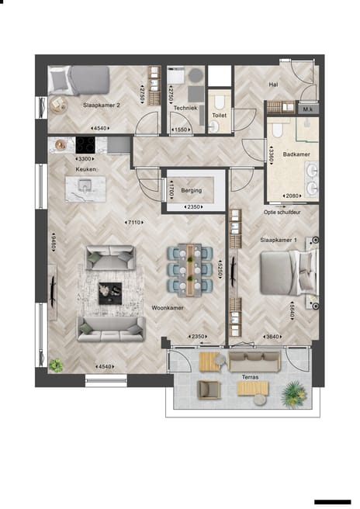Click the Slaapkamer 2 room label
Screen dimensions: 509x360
click(101, 104)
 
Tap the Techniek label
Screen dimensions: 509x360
click(185, 109)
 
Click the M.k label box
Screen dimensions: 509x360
click(308, 109)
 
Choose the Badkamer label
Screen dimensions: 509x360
click(296, 154)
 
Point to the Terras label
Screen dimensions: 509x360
click(250, 378)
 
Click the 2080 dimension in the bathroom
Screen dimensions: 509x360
click(292, 196)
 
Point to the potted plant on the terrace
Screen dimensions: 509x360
click(292, 394)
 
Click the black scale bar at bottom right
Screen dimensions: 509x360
click(334, 502)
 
